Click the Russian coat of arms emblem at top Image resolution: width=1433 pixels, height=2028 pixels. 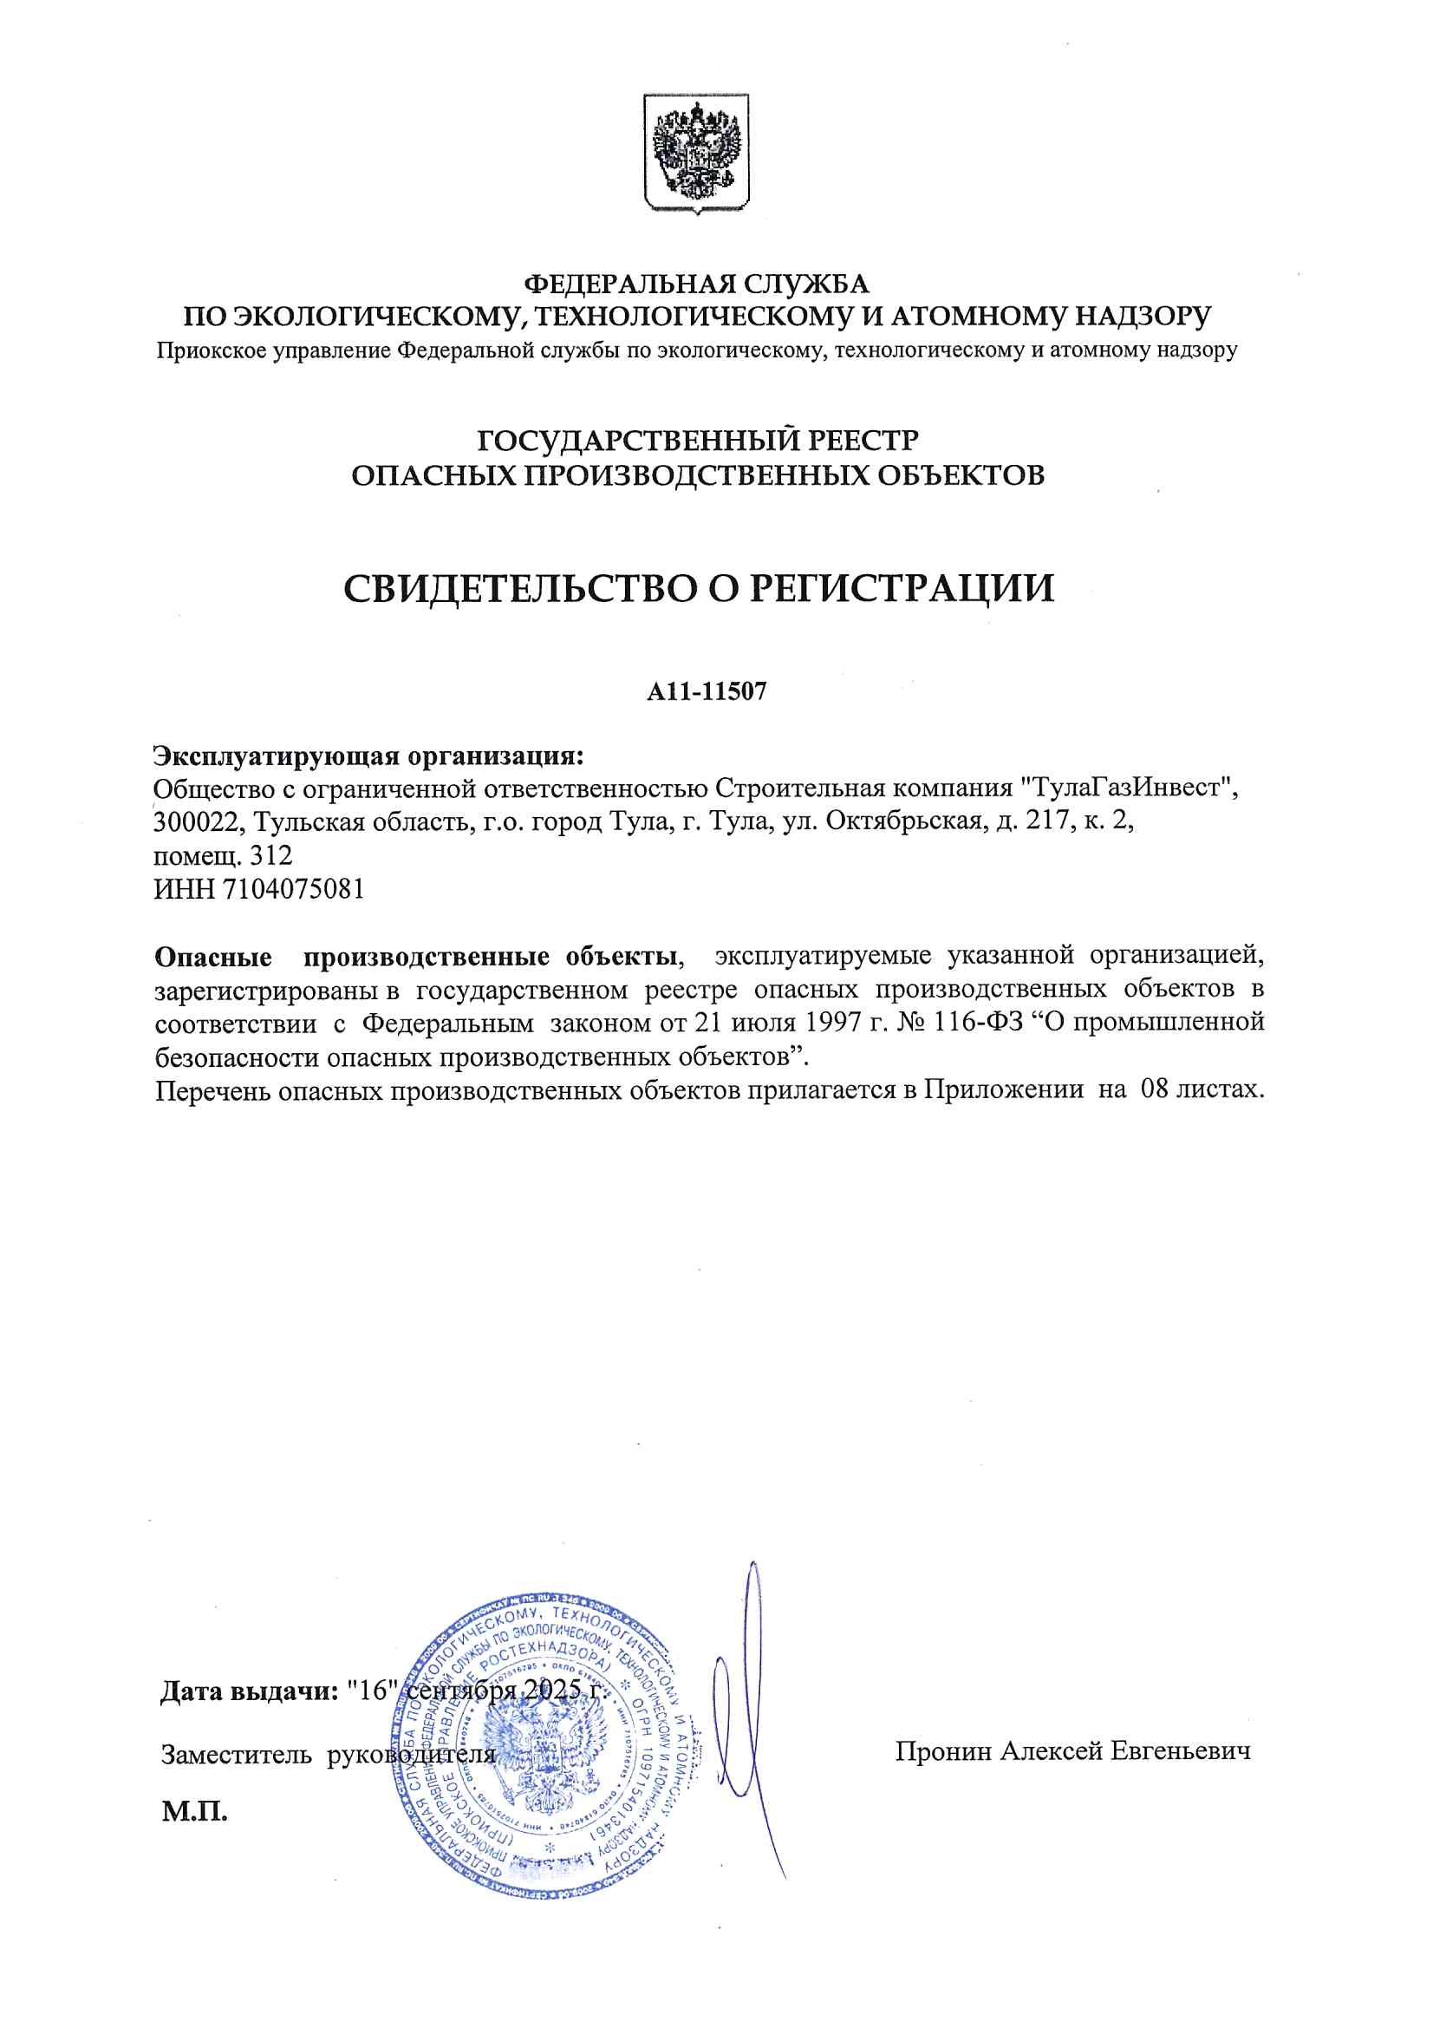(696, 154)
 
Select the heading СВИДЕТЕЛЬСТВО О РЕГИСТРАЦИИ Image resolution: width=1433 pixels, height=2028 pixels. (699, 588)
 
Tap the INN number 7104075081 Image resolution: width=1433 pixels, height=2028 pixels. (293, 888)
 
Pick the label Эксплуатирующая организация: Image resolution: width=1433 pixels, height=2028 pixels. (369, 756)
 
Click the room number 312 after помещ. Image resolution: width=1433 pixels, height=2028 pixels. (271, 856)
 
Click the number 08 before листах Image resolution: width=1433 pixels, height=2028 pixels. (1154, 1089)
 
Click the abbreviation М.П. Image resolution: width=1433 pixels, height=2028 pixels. (194, 1812)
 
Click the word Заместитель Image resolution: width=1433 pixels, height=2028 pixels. (236, 1754)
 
